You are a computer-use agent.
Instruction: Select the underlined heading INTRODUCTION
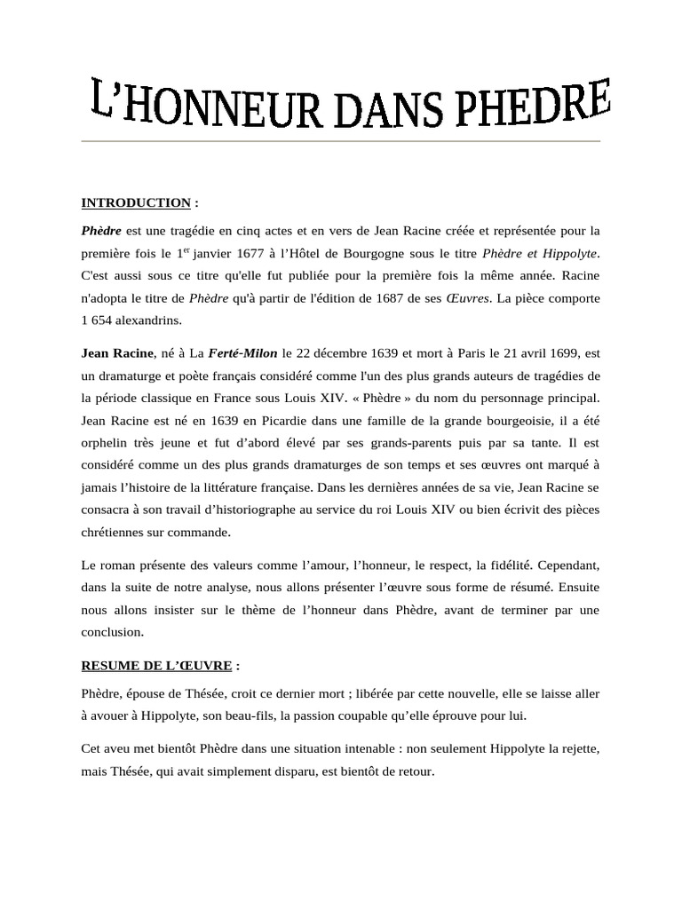(x=136, y=202)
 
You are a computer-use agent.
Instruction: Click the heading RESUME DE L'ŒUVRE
(x=156, y=665)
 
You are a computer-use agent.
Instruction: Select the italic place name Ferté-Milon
(x=242, y=353)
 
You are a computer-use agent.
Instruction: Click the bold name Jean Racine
(x=117, y=353)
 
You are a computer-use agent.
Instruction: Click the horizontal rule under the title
(x=341, y=141)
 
